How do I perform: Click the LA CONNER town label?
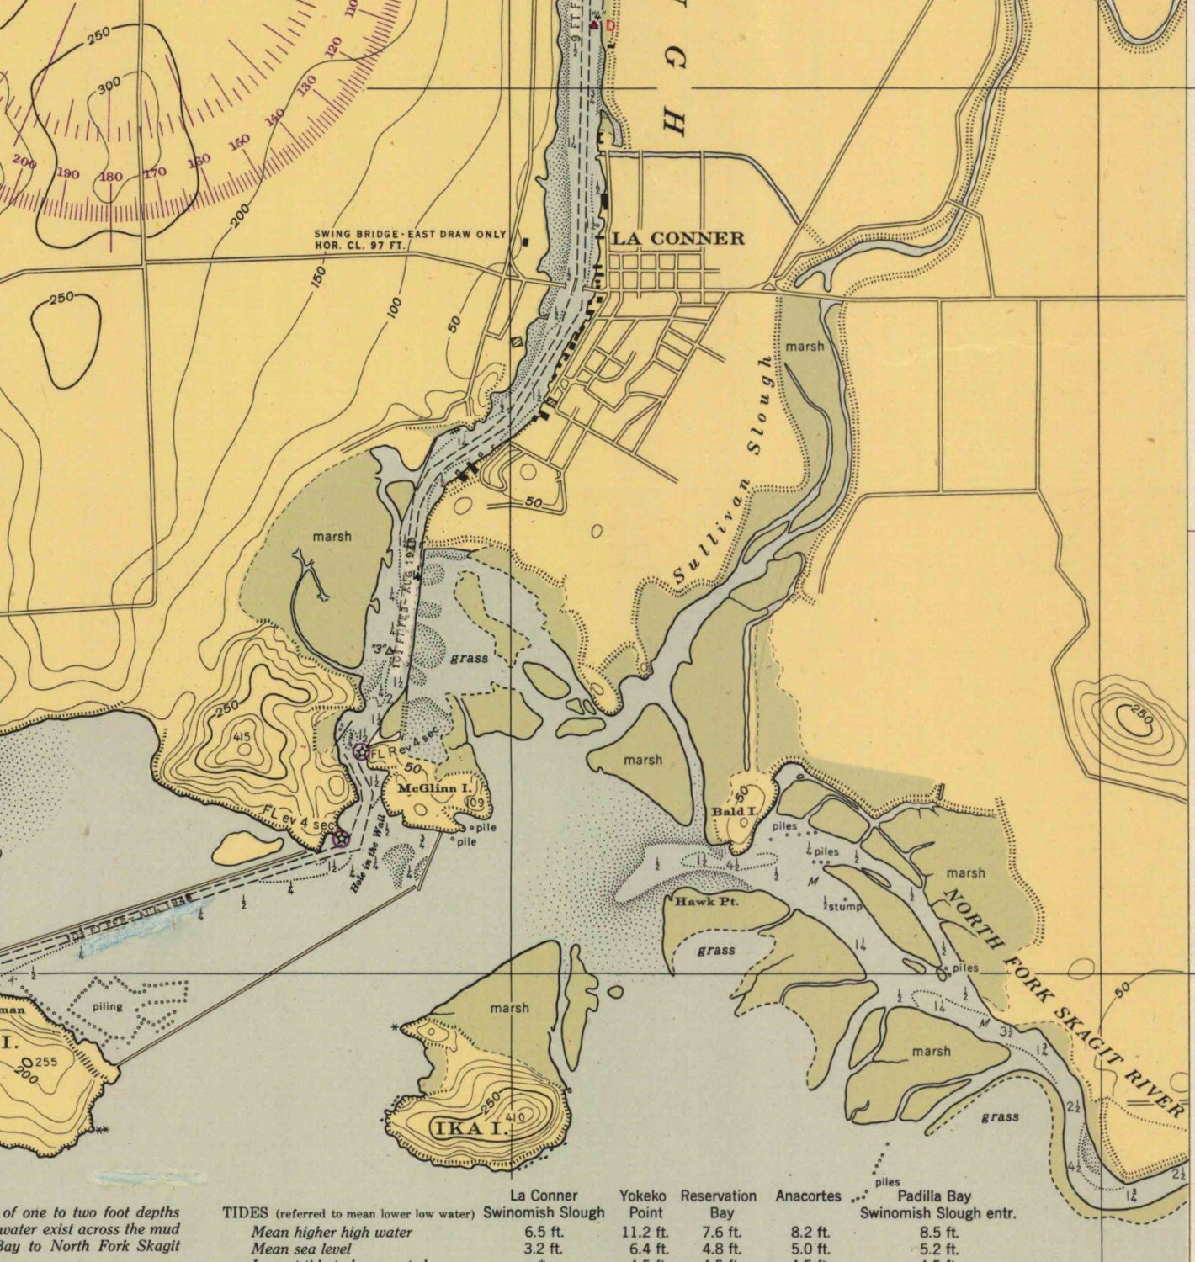(677, 238)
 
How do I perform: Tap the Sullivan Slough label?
(722, 471)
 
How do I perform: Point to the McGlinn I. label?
(434, 788)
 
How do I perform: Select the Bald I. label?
(734, 812)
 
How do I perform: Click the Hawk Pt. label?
(706, 901)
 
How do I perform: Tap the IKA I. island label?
(470, 1128)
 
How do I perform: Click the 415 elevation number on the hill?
(242, 738)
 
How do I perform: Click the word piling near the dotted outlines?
(107, 1006)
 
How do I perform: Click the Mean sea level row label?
(300, 1249)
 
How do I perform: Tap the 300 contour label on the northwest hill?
(109, 85)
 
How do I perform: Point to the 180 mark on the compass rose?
(110, 177)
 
